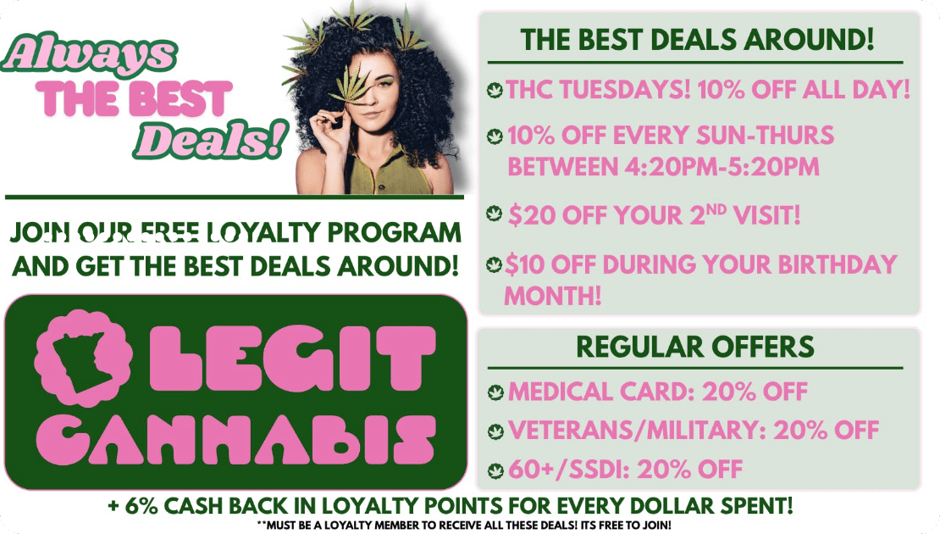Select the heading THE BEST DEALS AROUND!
point(698,39)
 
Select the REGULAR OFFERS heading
point(695,347)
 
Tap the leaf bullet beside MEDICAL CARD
point(495,392)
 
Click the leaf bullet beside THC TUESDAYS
point(495,90)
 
